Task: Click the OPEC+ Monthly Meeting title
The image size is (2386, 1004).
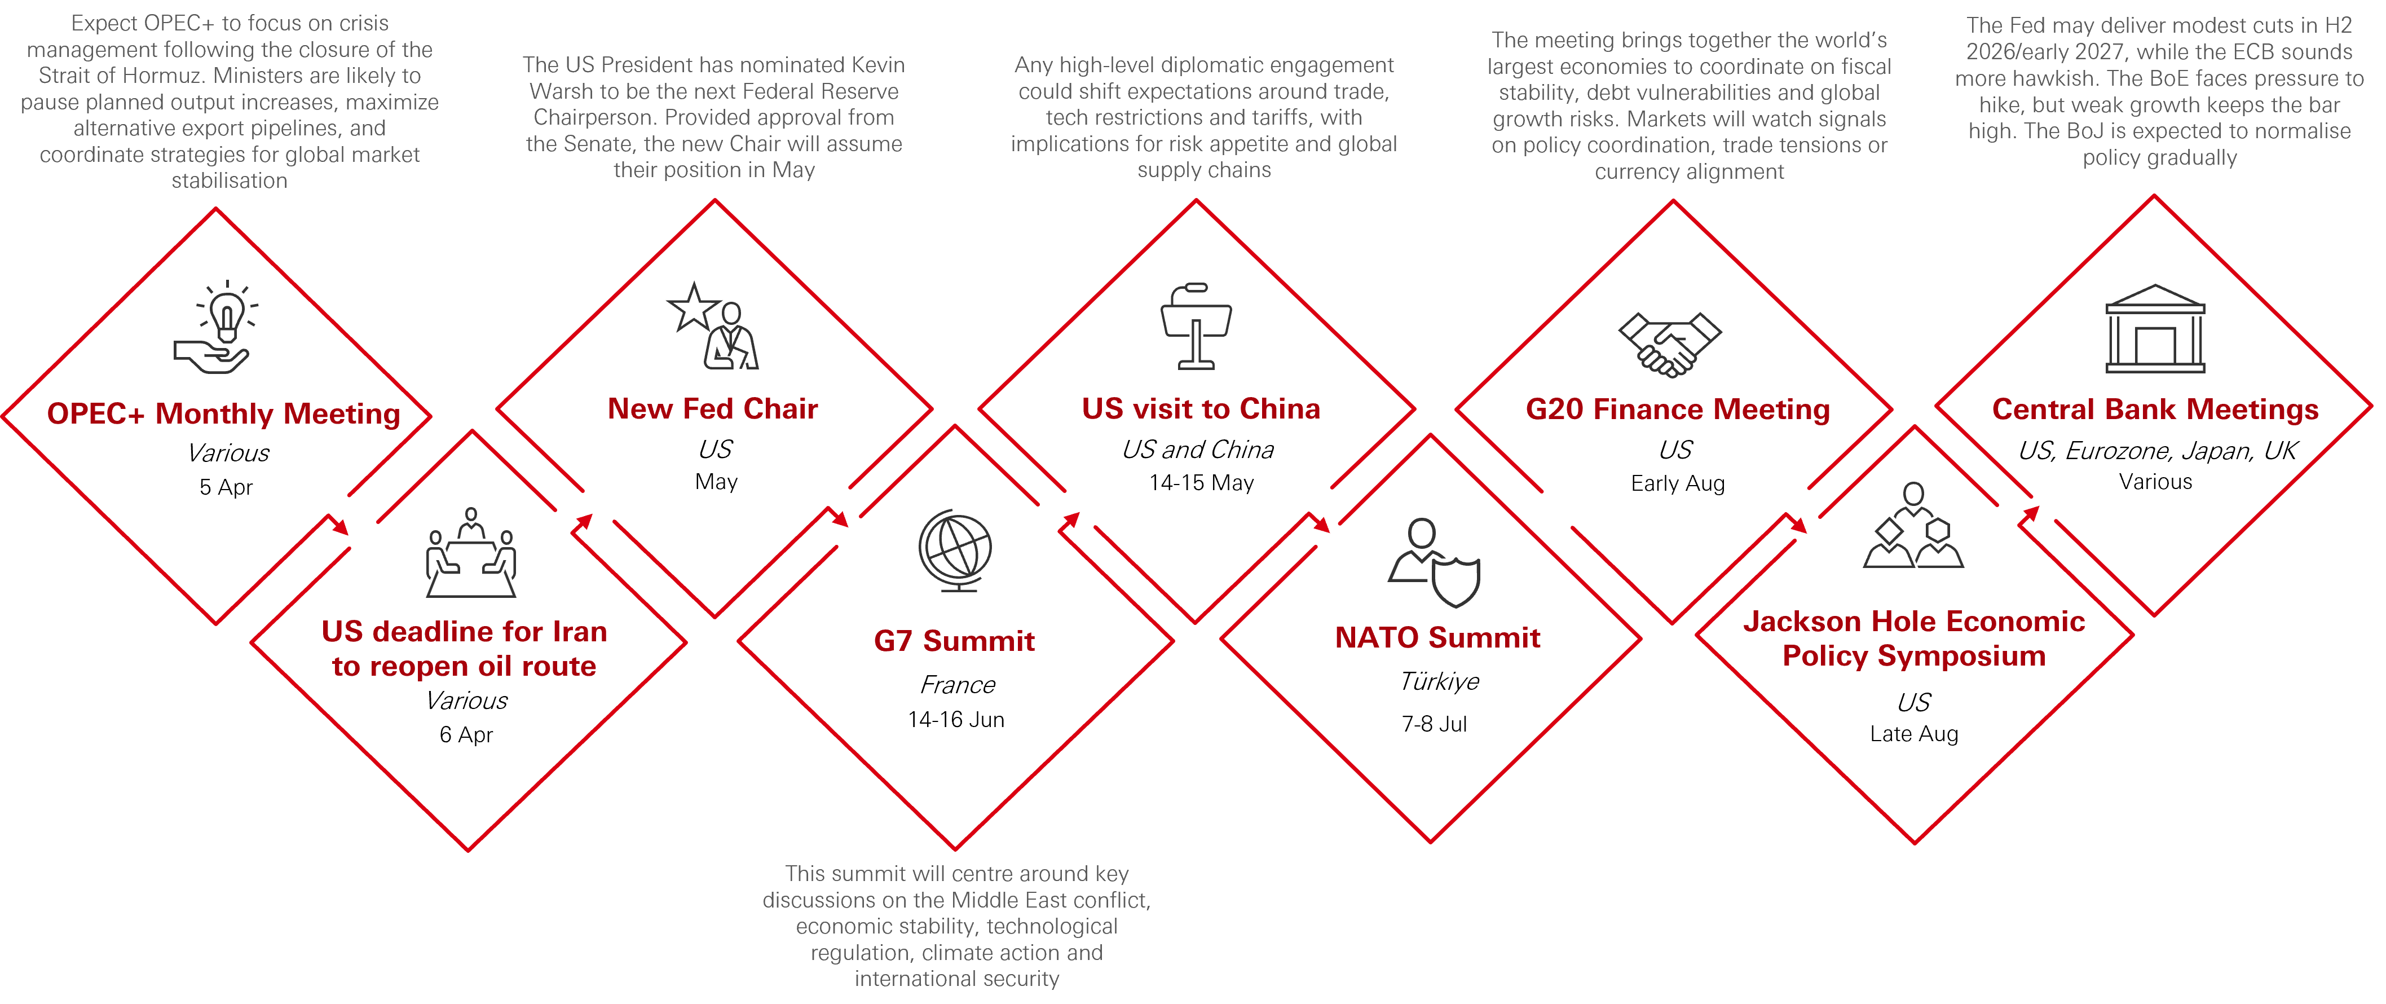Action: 223,414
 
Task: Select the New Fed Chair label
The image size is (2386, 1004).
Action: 712,408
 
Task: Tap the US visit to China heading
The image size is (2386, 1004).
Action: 1201,408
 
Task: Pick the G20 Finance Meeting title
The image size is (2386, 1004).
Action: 1678,409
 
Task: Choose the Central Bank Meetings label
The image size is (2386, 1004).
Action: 2154,409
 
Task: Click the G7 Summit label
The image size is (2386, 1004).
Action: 954,640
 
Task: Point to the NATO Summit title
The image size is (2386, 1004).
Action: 1437,637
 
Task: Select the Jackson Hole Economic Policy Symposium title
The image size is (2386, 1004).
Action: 1913,638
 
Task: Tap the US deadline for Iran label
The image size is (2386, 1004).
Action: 464,648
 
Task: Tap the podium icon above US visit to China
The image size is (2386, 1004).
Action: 1196,326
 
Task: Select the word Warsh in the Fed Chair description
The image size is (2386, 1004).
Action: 558,91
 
